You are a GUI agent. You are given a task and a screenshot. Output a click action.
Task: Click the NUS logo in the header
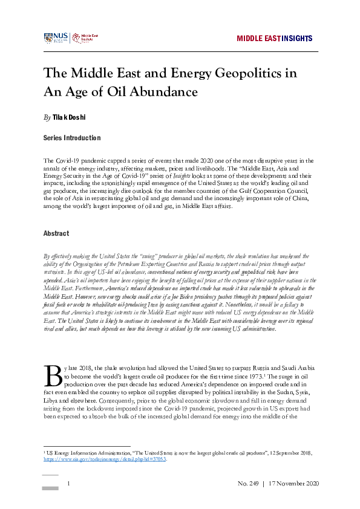click(56, 38)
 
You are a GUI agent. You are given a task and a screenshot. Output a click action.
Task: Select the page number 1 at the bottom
click(69, 484)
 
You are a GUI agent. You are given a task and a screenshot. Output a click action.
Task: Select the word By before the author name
click(47, 116)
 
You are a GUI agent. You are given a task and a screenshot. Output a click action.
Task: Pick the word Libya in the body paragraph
click(53, 400)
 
